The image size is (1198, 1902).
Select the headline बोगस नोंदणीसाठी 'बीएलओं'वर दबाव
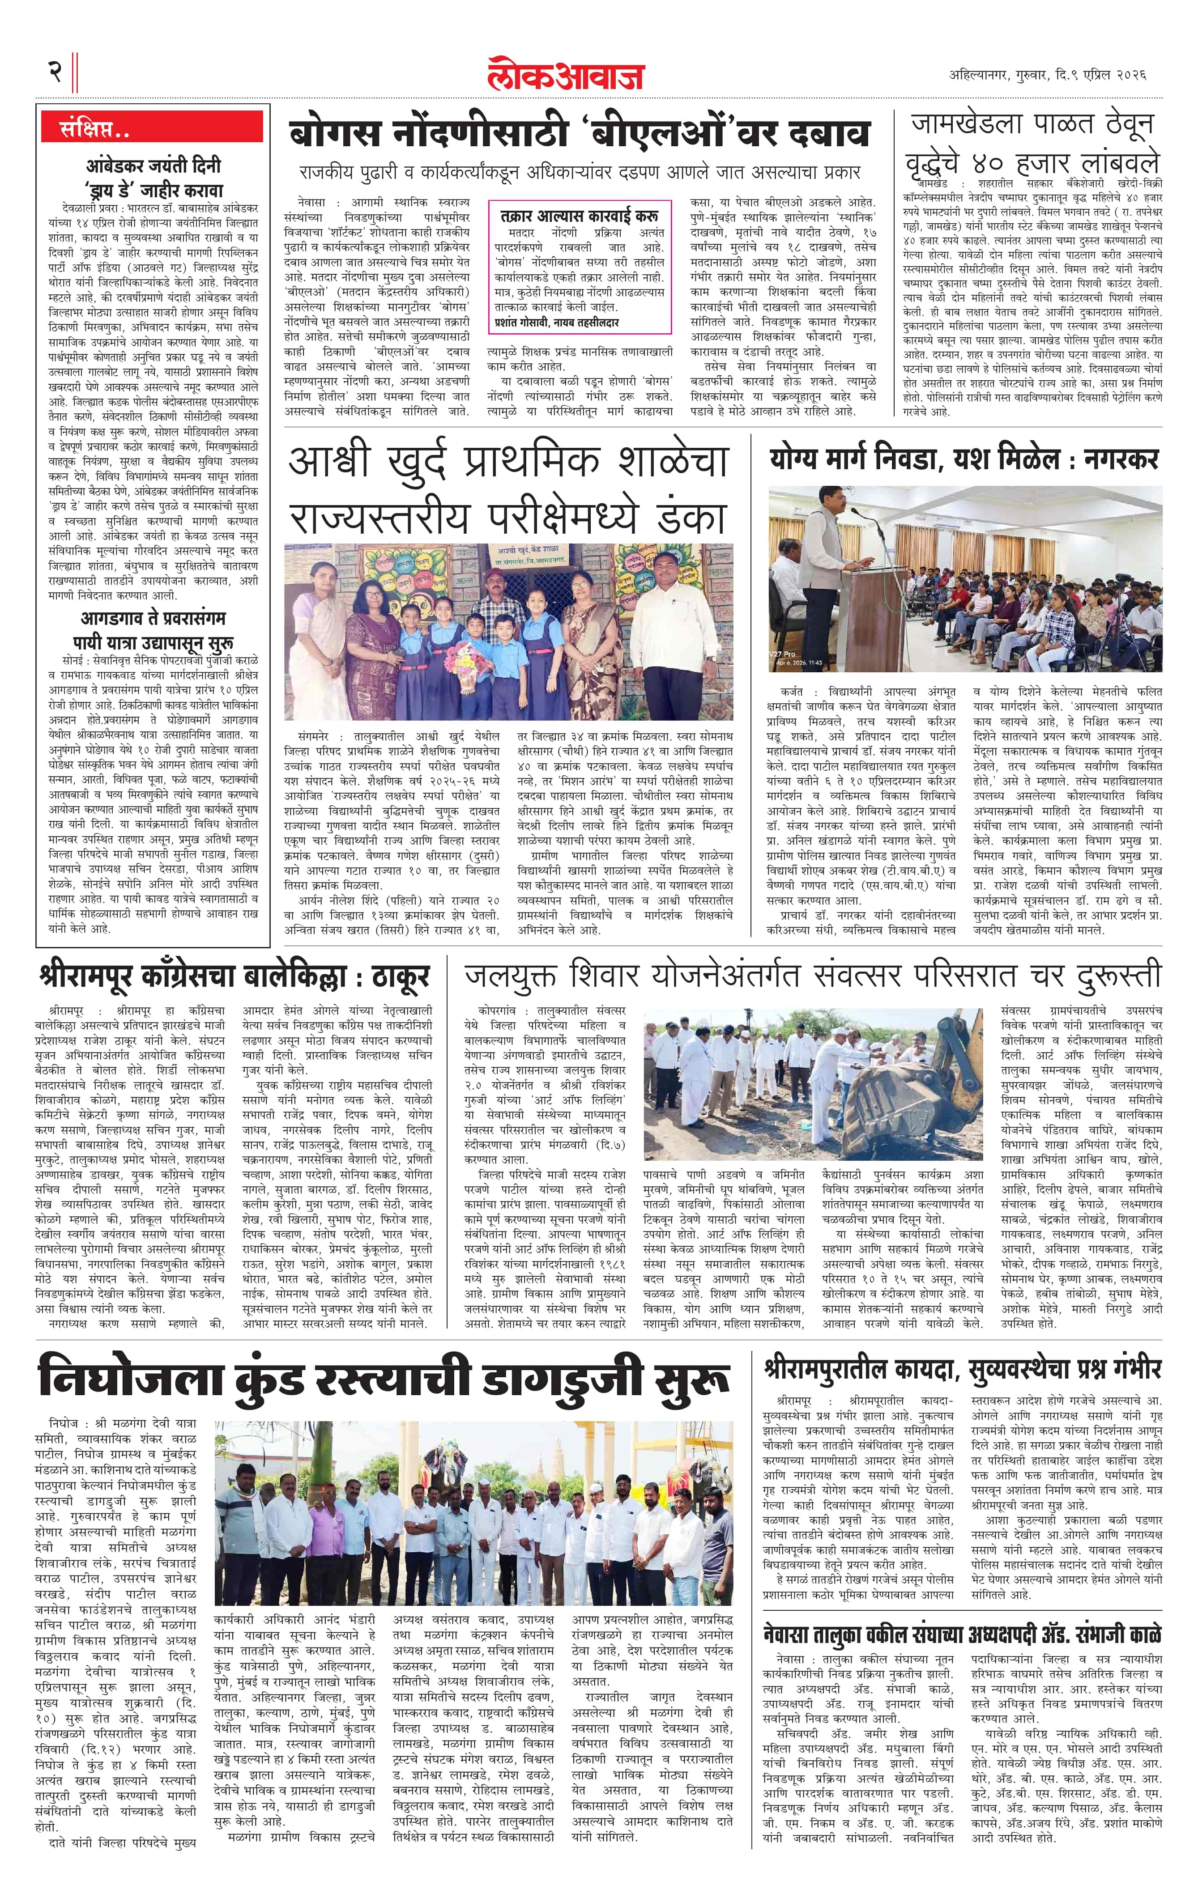579,133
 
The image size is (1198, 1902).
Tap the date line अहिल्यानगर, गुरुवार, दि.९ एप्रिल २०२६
1048,75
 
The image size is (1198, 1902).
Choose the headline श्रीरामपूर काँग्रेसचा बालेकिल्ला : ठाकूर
234,977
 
